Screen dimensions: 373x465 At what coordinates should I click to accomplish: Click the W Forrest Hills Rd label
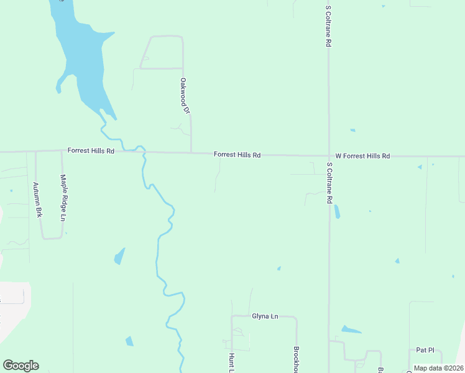coord(362,156)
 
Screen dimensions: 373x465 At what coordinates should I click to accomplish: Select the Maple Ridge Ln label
coord(63,198)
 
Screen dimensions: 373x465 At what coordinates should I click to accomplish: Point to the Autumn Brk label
coord(37,199)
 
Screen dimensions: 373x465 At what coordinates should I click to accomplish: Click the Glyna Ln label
coord(264,316)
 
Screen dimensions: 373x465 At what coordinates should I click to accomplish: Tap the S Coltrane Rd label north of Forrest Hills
coord(328,27)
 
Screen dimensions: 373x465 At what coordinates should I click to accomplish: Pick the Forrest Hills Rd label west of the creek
coord(91,151)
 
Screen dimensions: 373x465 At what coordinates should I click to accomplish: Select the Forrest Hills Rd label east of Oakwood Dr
coord(237,154)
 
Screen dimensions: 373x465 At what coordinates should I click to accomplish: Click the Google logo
coord(21,366)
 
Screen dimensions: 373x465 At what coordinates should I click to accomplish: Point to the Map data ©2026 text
coord(438,368)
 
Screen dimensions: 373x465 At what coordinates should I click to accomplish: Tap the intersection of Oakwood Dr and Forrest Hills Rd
coord(191,152)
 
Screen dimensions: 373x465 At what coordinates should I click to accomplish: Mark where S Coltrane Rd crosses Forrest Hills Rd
coord(329,156)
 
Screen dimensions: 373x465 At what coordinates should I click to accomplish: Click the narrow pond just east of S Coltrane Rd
coord(337,212)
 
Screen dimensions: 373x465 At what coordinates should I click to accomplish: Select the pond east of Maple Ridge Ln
coord(119,256)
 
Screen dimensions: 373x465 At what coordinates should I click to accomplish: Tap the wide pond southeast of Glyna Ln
coord(351,329)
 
